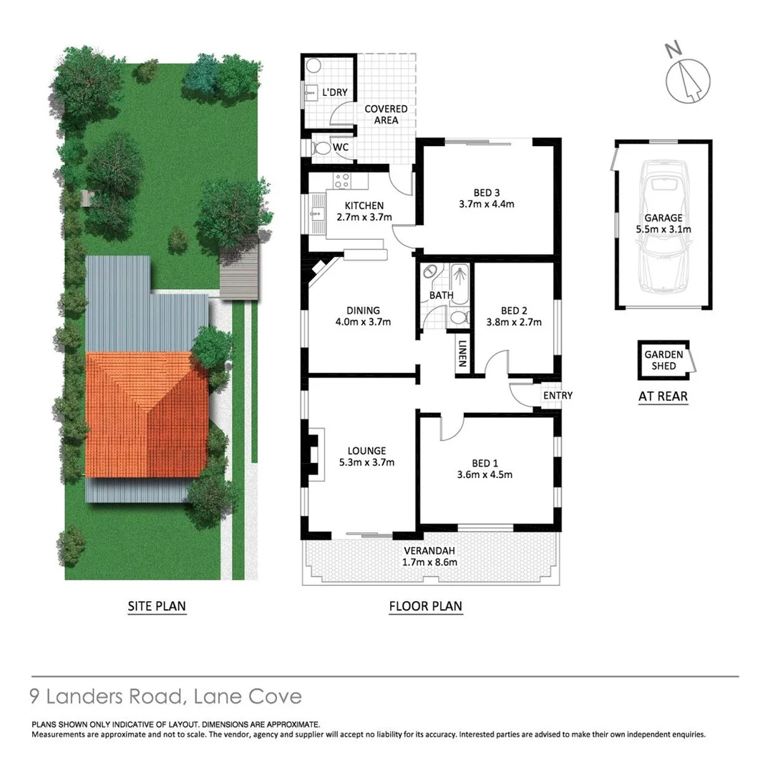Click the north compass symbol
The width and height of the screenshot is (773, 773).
point(688,78)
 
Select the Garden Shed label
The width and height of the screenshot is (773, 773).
point(663,360)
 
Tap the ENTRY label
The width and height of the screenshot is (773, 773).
point(558,396)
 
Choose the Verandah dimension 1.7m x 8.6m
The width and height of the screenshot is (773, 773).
point(430,562)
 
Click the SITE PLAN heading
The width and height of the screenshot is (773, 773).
point(156,606)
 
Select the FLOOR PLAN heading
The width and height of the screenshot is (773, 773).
point(425,606)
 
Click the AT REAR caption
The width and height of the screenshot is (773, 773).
point(663,395)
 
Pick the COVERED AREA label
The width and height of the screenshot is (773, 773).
point(386,115)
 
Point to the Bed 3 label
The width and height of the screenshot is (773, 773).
point(486,192)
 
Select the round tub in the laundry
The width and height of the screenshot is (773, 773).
point(313,66)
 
